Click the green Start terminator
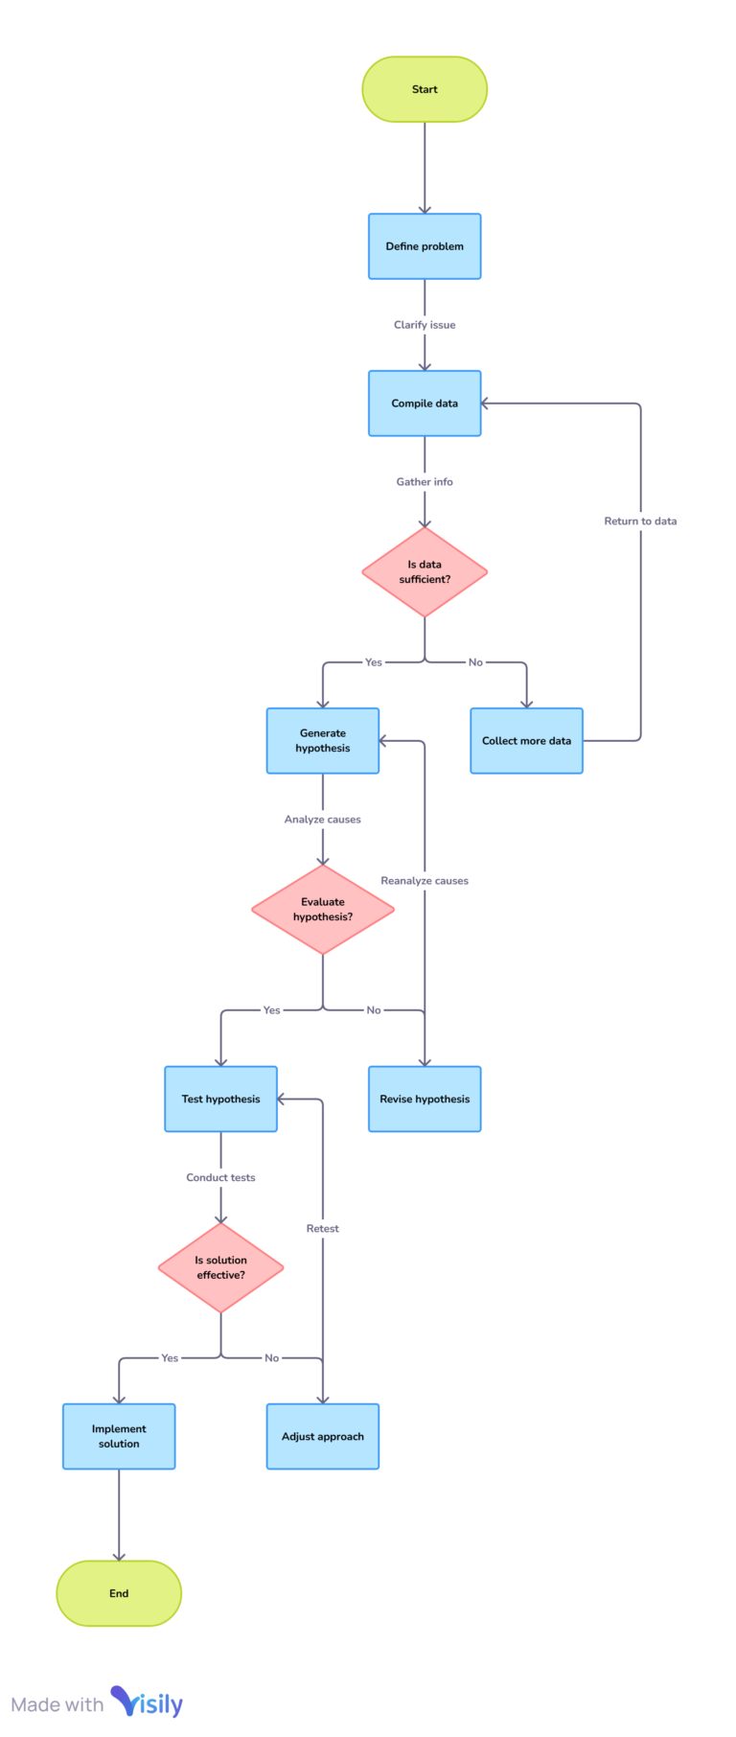tap(425, 89)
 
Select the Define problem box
tap(425, 246)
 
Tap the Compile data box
tap(425, 404)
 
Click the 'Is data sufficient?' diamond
tap(425, 572)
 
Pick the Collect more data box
tap(526, 741)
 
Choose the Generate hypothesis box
tap(323, 741)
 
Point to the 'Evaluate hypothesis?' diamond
tap(323, 910)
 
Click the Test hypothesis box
tap(220, 1100)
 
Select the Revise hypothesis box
tap(425, 1100)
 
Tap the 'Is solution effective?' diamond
tap(220, 1267)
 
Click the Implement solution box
tap(119, 1436)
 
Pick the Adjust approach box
tap(323, 1436)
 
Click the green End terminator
tap(119, 1593)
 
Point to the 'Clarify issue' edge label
tap(425, 325)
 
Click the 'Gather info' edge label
tap(425, 482)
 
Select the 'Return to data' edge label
tap(640, 521)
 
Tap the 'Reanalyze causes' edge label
tap(425, 881)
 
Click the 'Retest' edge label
tap(323, 1229)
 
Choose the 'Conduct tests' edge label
tap(220, 1178)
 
